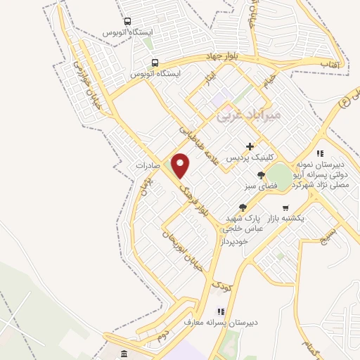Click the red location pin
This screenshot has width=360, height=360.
[x=181, y=165]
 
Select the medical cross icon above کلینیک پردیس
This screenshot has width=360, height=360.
[x=250, y=146]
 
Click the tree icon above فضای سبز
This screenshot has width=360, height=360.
[x=260, y=175]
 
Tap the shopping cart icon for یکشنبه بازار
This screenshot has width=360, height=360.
[x=285, y=207]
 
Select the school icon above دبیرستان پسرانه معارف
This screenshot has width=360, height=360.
[x=221, y=311]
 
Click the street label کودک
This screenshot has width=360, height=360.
[x=221, y=286]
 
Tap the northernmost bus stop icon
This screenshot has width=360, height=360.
[x=127, y=22]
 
